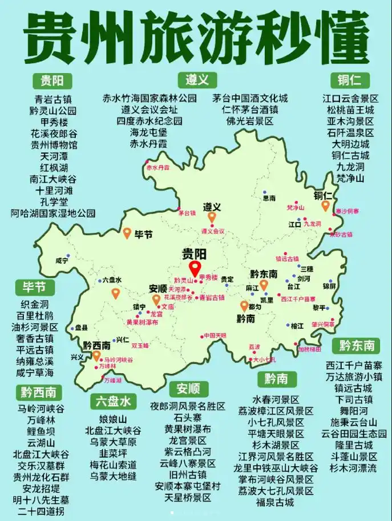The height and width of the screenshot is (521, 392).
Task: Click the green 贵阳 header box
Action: (x=52, y=79)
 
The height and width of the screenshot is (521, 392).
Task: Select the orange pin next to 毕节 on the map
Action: (x=128, y=233)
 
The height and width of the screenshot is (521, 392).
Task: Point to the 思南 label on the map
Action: (x=269, y=198)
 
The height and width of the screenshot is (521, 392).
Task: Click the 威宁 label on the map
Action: (x=62, y=260)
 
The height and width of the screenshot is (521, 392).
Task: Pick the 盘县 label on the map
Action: (x=82, y=328)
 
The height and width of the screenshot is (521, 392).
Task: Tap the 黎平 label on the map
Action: (x=318, y=308)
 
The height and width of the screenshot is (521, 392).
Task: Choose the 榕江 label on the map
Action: (x=297, y=326)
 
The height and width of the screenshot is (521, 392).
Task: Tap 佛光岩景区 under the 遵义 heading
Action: (x=250, y=121)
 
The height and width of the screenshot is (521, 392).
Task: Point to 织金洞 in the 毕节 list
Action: (x=35, y=304)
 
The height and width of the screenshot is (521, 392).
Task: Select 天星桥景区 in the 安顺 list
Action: (x=188, y=498)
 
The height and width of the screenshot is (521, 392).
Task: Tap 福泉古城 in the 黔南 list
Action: (x=275, y=502)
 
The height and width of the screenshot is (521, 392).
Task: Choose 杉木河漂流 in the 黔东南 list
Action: (x=353, y=468)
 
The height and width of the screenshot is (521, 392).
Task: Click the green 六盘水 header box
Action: (x=113, y=401)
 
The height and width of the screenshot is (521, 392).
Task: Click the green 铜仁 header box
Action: (x=350, y=79)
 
